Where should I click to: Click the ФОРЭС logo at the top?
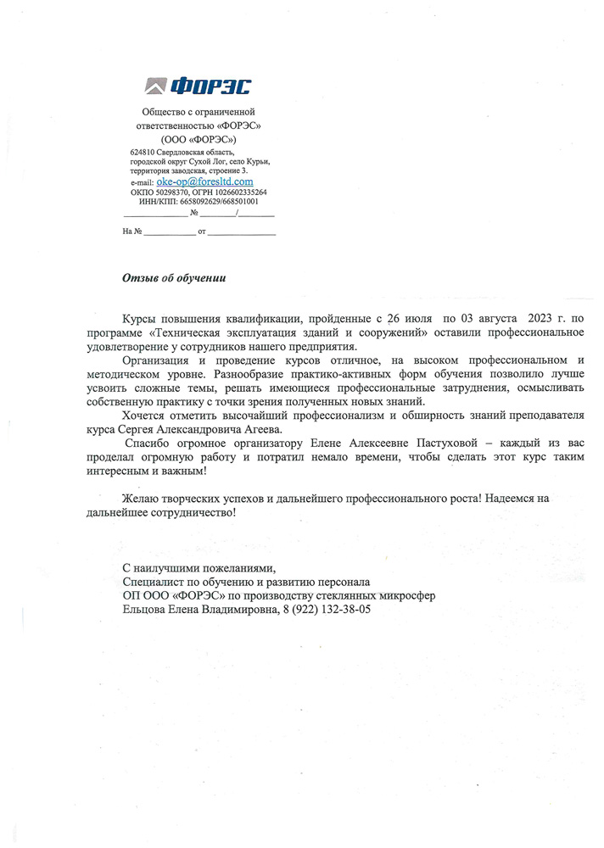199,86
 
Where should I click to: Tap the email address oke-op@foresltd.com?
204,181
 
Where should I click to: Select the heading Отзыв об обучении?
175,276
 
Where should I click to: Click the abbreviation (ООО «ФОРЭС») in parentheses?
199,138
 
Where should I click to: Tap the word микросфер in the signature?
405,596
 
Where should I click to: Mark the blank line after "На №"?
169,231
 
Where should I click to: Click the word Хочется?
147,416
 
